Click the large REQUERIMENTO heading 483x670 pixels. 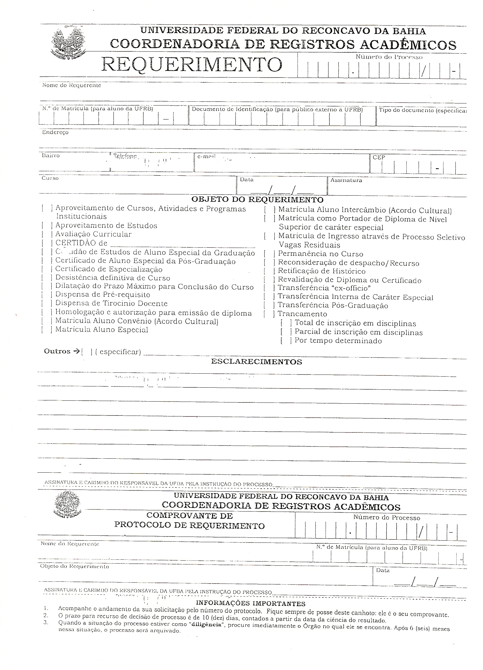[x=192, y=64]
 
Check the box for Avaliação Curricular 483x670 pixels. [x=47, y=235]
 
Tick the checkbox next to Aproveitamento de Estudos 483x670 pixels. [x=47, y=226]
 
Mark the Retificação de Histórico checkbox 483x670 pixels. [x=269, y=271]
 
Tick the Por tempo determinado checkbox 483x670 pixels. [x=286, y=341]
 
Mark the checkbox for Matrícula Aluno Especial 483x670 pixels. [x=47, y=330]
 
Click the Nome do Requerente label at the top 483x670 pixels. [x=72, y=86]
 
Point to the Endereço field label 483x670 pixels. [x=55, y=133]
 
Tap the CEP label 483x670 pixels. [x=379, y=158]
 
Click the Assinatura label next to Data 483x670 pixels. [x=346, y=180]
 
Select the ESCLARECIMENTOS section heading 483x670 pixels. [x=256, y=362]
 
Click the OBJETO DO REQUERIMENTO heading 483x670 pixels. [x=257, y=199]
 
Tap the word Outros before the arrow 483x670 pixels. [x=57, y=351]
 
